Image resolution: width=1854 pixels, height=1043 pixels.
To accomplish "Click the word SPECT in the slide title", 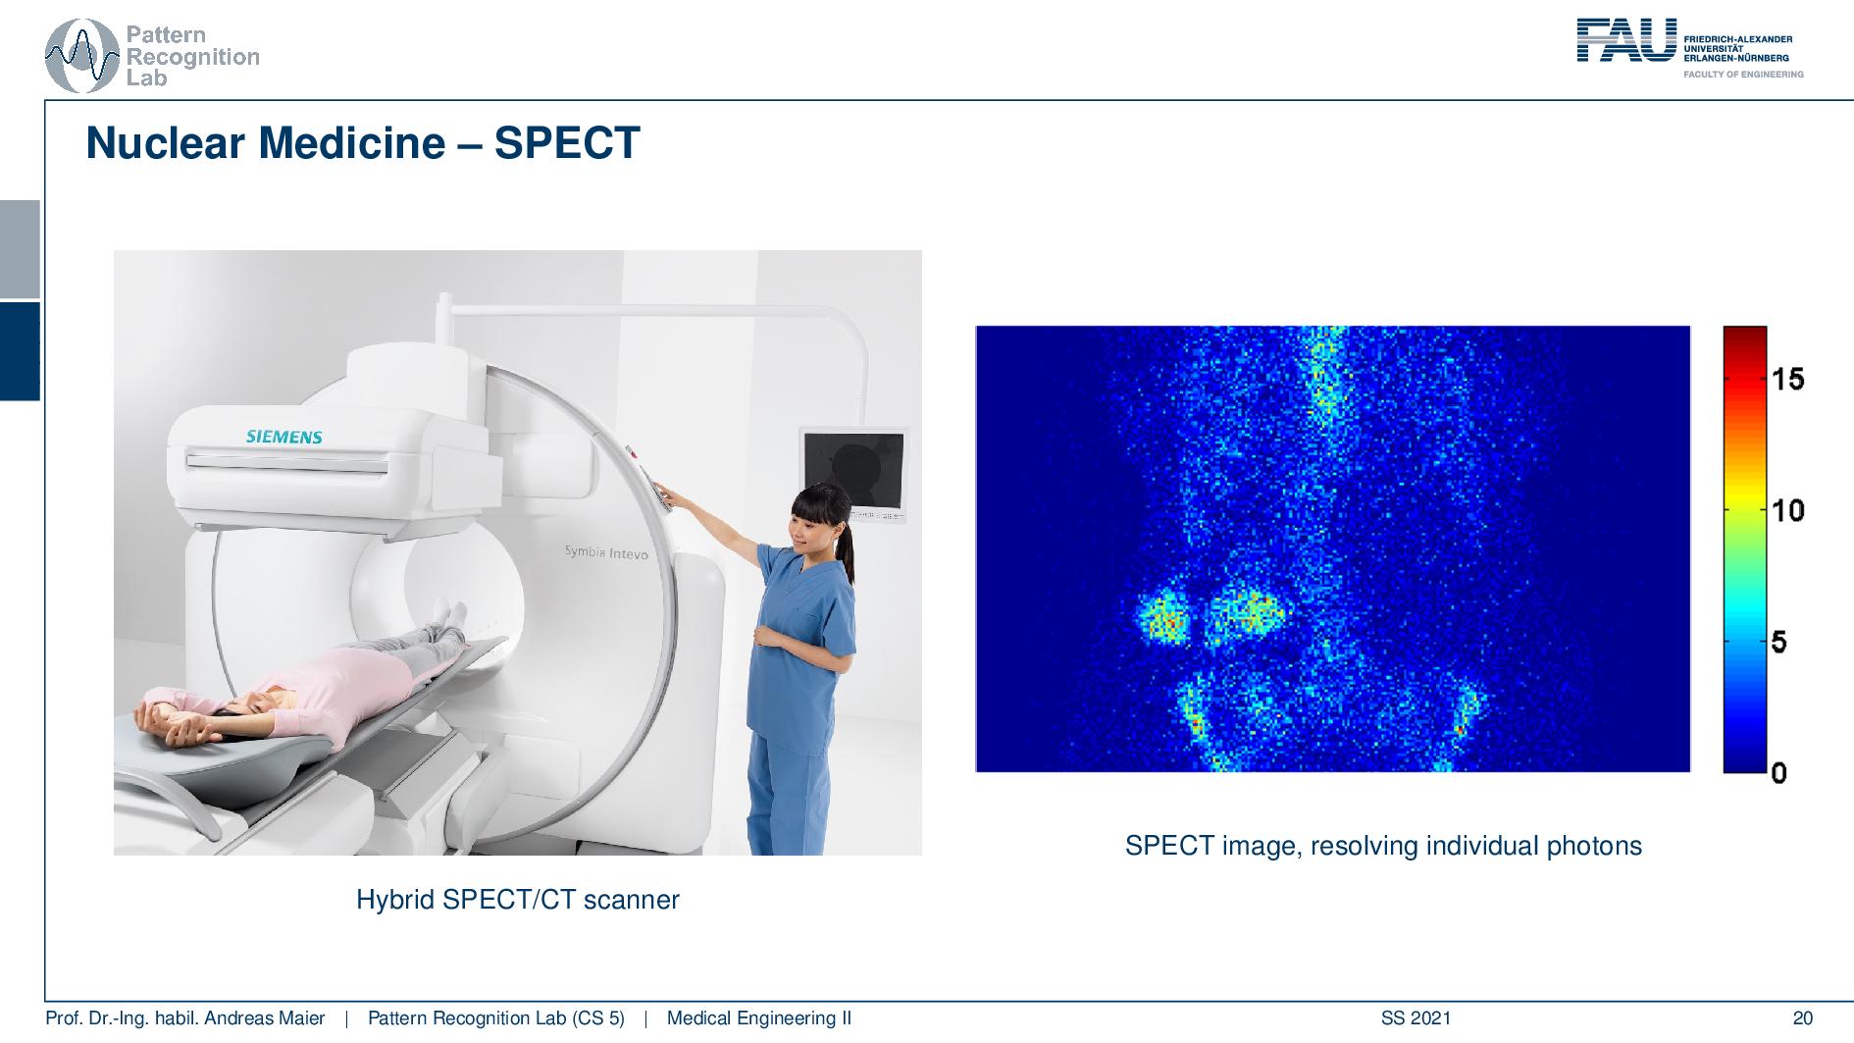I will click(x=566, y=143).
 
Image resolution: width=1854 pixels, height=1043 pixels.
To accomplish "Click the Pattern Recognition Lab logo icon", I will click(x=82, y=57).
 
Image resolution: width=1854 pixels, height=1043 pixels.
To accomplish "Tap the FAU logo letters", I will click(x=1626, y=40).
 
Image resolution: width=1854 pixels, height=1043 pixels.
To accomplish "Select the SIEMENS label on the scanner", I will click(x=283, y=437).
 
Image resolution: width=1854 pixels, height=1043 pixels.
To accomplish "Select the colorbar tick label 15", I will click(x=1787, y=379).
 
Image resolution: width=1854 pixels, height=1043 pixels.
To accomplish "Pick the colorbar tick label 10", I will click(x=1787, y=510).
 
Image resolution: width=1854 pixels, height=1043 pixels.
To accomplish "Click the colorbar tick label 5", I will click(x=1778, y=643).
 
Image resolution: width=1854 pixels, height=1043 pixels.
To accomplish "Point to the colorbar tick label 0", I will click(x=1778, y=773).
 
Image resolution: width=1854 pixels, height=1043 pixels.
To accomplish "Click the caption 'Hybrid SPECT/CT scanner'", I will click(x=517, y=900).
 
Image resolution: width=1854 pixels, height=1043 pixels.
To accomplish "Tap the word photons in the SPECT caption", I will click(x=1593, y=846).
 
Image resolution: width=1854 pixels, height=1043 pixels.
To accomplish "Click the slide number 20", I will click(x=1802, y=1018).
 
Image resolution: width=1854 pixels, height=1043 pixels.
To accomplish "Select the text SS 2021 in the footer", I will click(x=1416, y=1018).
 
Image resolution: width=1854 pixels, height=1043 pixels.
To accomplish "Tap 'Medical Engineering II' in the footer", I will click(x=758, y=1018).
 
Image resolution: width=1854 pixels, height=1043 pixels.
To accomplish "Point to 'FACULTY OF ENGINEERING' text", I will click(x=1742, y=75).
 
